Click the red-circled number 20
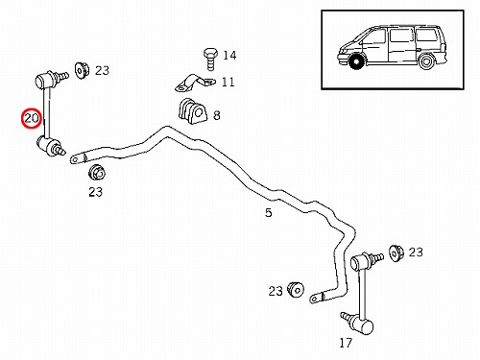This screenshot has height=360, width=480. tap(32, 118)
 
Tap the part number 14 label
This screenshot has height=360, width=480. tap(229, 56)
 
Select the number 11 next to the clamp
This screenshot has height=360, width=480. tap(228, 83)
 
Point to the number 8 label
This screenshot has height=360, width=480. tap(217, 115)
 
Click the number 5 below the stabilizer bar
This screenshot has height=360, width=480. tap(269, 212)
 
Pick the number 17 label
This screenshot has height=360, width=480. tap(346, 343)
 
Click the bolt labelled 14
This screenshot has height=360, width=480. tap(210, 59)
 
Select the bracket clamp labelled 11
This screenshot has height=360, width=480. tap(195, 83)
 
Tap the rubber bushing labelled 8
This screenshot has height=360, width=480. tap(193, 111)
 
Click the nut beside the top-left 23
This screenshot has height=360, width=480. tap(82, 70)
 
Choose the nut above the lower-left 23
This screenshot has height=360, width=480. tap(97, 173)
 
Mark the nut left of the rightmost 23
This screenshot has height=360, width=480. tap(396, 252)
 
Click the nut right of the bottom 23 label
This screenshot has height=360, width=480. tap(296, 290)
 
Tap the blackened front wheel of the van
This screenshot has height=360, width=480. tap(356, 61)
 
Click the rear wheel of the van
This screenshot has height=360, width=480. tap(426, 61)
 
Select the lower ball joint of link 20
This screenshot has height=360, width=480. tap(47, 146)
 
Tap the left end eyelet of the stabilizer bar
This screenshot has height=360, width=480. tap(76, 159)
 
